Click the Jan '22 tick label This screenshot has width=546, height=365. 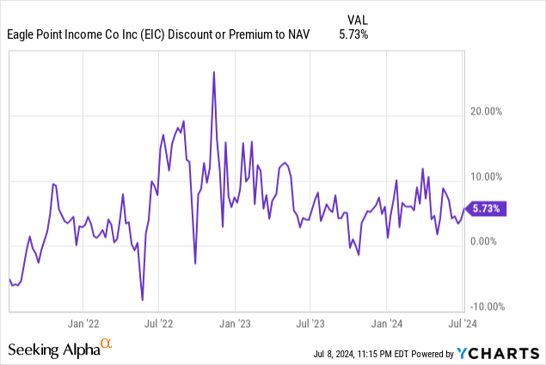pyautogui.click(x=83, y=325)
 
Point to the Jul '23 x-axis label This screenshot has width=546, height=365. pyautogui.click(x=310, y=325)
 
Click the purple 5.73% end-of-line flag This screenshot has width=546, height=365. pyautogui.click(x=488, y=208)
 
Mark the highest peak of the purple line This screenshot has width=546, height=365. pyautogui.click(x=213, y=72)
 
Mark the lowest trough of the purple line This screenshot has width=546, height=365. pyautogui.click(x=143, y=300)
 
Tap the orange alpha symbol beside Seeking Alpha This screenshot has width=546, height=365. pyautogui.click(x=106, y=344)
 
